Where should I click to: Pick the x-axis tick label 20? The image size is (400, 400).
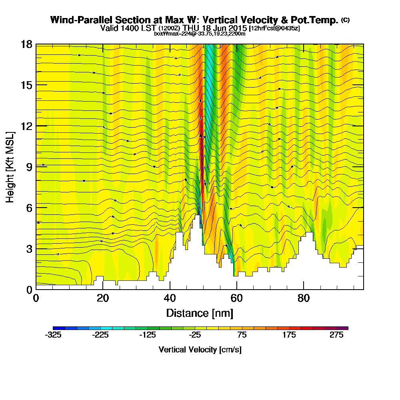coord(103,298)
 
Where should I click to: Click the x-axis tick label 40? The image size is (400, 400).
coord(170,298)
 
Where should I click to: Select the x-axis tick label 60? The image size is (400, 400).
coord(237,298)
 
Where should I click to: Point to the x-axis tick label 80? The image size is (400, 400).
coord(304,298)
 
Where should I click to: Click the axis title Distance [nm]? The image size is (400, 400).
coord(200,312)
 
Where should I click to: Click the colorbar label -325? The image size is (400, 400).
coord(54,335)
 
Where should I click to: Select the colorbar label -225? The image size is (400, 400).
coord(101,335)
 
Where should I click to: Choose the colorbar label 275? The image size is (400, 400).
coord(337,335)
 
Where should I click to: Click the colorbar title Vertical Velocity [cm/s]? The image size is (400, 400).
coord(200,350)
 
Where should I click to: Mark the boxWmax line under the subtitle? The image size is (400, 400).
coord(200,34)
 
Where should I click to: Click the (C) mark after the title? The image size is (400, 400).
coord(345,20)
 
